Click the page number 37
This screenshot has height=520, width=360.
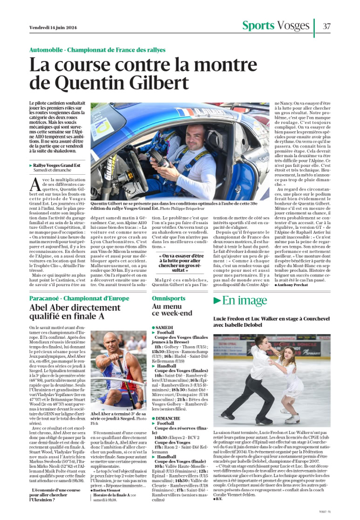pos(326,26)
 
